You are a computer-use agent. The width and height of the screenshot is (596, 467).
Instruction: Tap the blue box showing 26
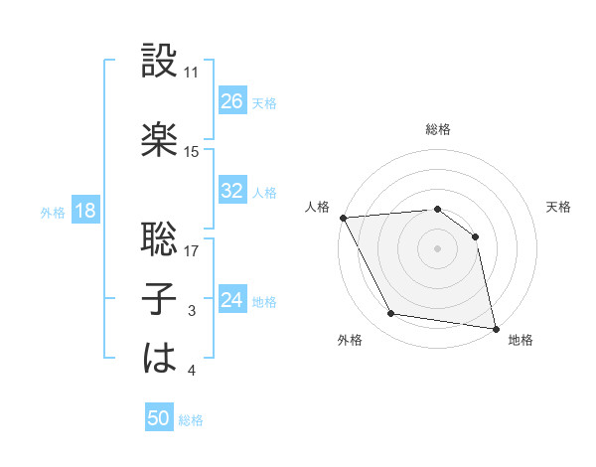[232, 101]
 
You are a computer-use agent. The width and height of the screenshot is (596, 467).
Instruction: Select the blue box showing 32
[232, 191]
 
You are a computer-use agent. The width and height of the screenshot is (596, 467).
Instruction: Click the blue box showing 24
[232, 300]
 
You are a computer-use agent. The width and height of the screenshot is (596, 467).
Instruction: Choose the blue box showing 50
[159, 418]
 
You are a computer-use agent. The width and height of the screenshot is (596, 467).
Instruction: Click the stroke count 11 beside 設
[192, 73]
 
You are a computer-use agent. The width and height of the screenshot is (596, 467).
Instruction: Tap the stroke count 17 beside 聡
[192, 251]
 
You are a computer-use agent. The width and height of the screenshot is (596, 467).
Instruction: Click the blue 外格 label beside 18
[53, 212]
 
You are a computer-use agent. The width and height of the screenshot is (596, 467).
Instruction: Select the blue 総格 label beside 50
[191, 420]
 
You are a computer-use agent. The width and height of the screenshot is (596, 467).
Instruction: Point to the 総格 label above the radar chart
[438, 129]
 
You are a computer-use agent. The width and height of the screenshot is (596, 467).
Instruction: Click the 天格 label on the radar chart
[559, 207]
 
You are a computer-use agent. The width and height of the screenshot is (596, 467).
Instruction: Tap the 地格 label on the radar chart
[521, 340]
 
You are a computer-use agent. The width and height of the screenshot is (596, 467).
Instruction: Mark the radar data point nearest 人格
[343, 218]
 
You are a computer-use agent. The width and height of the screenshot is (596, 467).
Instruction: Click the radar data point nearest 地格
[495, 328]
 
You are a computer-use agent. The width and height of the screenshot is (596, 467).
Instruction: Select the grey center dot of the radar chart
[438, 248]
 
